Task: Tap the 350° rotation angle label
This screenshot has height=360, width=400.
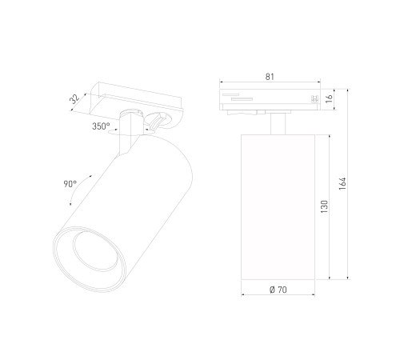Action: click(x=101, y=126)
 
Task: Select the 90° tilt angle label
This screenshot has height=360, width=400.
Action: click(x=70, y=183)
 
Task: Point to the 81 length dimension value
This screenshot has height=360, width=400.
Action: click(x=270, y=78)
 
